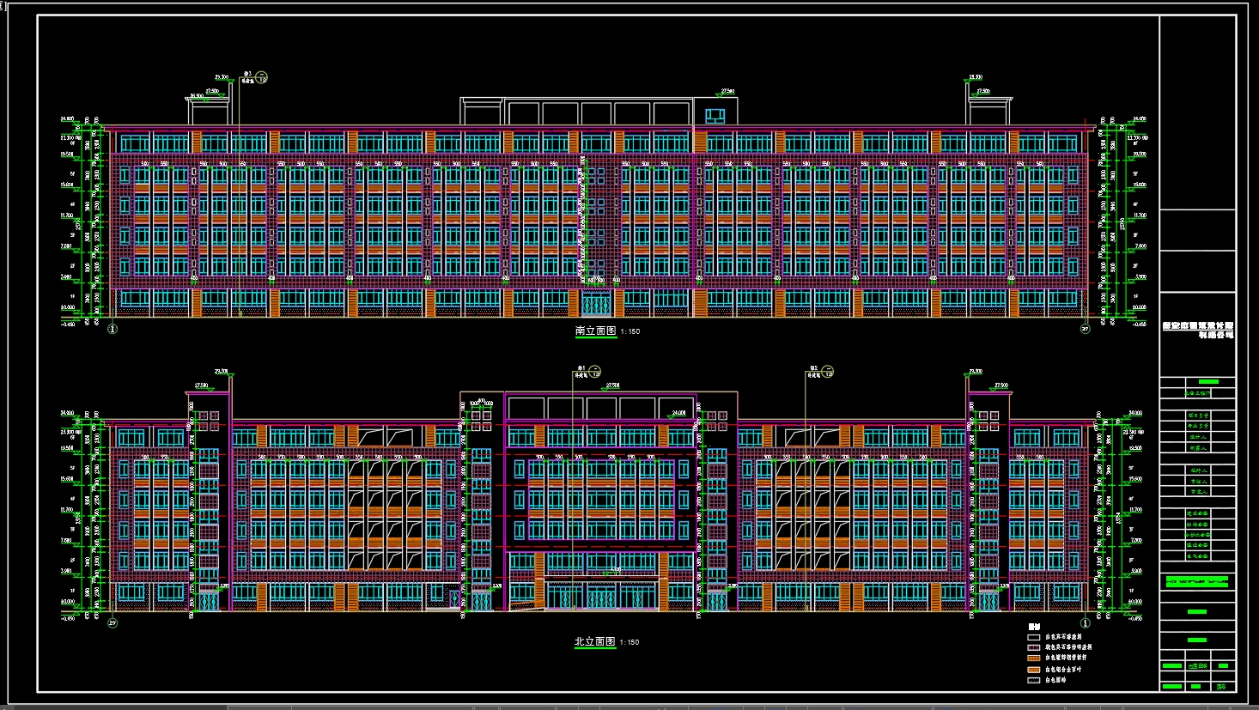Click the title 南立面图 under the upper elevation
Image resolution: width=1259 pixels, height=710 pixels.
[595, 331]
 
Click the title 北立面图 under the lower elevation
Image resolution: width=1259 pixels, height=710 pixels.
[595, 641]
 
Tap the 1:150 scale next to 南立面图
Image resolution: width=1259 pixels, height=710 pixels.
[629, 331]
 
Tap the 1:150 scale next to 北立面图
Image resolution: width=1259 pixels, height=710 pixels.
[629, 642]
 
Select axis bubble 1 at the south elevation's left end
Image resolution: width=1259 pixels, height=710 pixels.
[112, 329]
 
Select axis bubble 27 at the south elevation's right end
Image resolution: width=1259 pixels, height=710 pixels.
[1085, 329]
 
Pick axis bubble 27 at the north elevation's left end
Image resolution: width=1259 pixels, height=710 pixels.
[112, 623]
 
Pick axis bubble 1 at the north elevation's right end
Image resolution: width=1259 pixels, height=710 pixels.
[1085, 623]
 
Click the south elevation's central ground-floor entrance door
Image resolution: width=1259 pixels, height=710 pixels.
[596, 303]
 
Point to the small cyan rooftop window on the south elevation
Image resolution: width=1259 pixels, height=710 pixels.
[715, 114]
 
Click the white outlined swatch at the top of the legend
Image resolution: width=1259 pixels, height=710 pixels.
[1033, 637]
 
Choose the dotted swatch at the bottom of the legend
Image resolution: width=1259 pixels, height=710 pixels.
[1033, 680]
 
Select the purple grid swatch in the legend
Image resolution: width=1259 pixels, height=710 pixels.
[1033, 647]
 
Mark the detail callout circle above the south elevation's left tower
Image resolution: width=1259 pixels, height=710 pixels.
[262, 76]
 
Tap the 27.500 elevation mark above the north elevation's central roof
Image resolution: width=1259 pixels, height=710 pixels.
[612, 386]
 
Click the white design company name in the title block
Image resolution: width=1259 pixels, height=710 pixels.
[1198, 331]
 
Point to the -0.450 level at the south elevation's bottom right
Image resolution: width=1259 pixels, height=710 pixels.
[1138, 325]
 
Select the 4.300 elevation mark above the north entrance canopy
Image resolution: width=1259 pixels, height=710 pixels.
[615, 569]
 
